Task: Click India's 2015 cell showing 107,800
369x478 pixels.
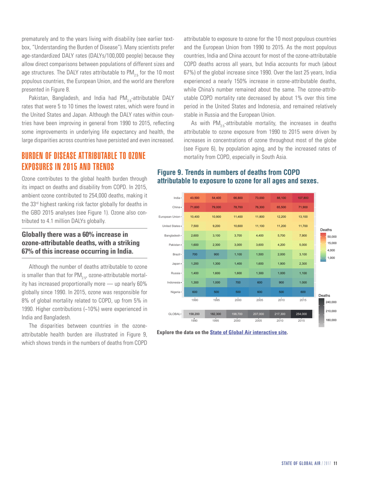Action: [x=303, y=198]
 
